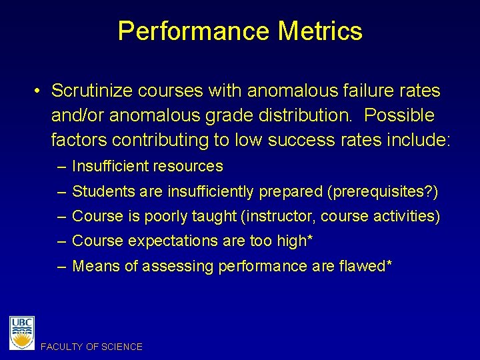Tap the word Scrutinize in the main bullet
93,90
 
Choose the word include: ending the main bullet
417,140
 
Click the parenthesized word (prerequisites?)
382,192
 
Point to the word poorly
171,216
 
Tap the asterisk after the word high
310,239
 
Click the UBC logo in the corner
22,332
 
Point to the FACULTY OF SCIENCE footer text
91,347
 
